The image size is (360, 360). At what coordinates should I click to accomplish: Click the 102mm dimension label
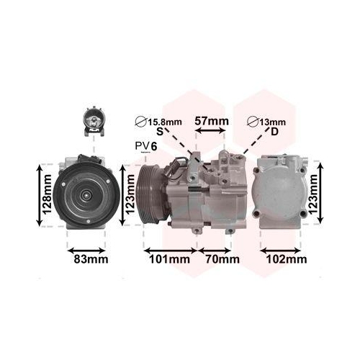pos(287,258)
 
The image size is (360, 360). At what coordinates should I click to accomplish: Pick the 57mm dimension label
pos(212,121)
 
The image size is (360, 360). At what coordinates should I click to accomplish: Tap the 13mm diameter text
pos(271,121)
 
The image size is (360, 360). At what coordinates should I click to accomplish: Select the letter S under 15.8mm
pos(160,132)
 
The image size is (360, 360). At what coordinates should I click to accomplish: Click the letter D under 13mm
pos(274,132)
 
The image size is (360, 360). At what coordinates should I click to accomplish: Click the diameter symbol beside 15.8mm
pos(140,121)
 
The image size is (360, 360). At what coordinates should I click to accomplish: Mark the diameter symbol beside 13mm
pos(253,121)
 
